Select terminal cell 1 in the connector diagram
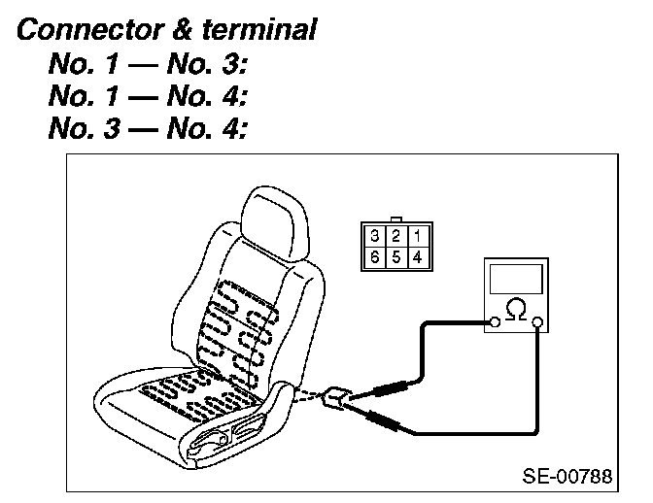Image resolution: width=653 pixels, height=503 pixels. pyautogui.click(x=416, y=235)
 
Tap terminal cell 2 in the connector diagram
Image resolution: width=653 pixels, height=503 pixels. pyautogui.click(x=395, y=235)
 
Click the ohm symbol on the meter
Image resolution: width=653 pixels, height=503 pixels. pyautogui.click(x=517, y=311)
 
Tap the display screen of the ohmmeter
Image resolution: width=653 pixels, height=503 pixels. pyautogui.click(x=517, y=279)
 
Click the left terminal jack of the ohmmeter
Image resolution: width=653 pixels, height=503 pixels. pyautogui.click(x=496, y=320)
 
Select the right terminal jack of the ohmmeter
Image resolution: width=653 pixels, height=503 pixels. pyautogui.click(x=538, y=320)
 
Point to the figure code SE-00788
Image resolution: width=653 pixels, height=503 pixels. pyautogui.click(x=567, y=477)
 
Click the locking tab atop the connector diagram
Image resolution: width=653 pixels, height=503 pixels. pyautogui.click(x=395, y=219)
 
